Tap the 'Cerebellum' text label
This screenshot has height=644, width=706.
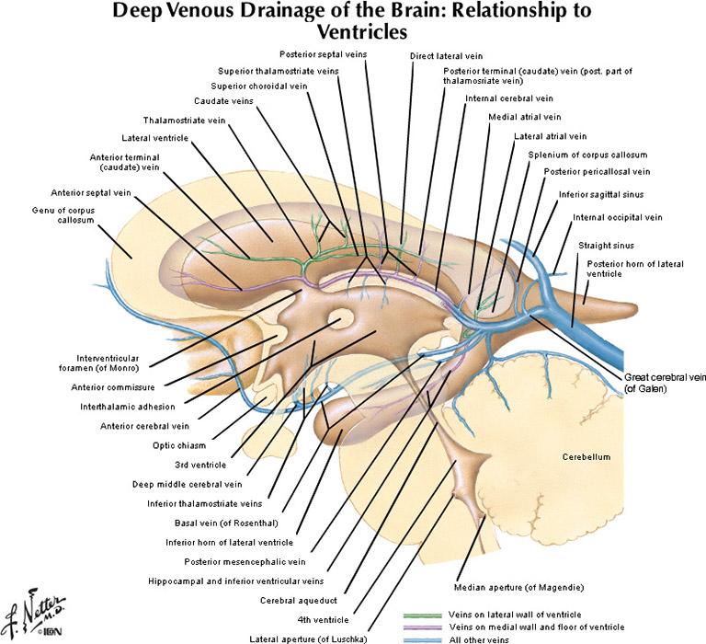pos(588,456)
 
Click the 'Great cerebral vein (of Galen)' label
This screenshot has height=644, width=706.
pos(665,383)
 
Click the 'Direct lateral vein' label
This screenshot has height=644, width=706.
pos(446,56)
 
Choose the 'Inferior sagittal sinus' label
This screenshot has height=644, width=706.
pos(600,194)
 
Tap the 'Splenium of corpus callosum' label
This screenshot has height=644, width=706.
pos(588,155)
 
